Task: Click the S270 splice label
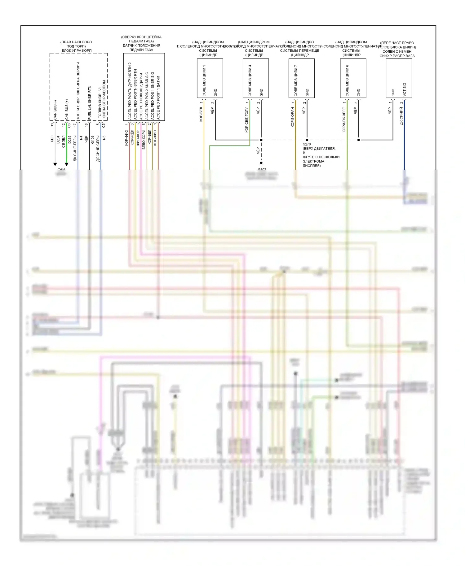307,144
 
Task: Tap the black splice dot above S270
307,140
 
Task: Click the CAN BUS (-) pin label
55,110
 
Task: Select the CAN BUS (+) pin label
67,110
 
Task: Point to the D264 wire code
58,140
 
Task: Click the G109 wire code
92,140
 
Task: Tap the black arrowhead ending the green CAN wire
66,164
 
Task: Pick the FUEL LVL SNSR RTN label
90,103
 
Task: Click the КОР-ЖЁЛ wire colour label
132,137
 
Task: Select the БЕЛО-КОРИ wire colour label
144,140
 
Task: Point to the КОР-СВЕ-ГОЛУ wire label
246,120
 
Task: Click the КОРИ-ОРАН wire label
292,117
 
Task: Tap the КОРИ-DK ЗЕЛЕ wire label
344,120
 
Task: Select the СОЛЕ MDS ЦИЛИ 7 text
296,81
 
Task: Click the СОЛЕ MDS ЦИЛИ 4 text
250,81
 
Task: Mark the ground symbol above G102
261,164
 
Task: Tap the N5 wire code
104,137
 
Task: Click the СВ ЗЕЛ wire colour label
64,141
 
